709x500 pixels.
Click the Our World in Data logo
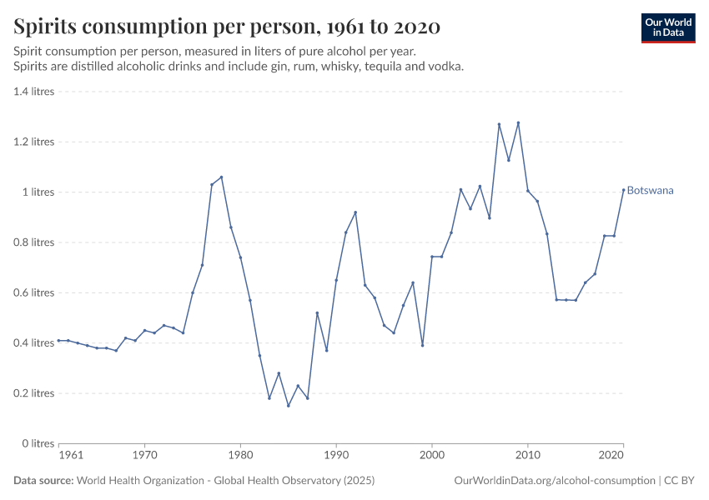[667, 27]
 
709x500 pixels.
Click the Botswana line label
[650, 191]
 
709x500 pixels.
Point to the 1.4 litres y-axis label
[34, 92]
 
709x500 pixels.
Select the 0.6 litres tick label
[34, 292]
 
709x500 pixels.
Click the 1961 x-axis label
[71, 457]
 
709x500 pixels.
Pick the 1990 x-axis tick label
[336, 457]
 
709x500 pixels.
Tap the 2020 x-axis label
[611, 457]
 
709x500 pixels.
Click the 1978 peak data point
[221, 177]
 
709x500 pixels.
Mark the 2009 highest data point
[518, 122]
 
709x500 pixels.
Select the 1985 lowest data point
[289, 406]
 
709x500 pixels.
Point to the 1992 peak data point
[355, 212]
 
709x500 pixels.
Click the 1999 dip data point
[422, 345]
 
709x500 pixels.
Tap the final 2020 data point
[623, 189]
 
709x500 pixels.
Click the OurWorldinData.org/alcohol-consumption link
[554, 481]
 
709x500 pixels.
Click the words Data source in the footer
[43, 481]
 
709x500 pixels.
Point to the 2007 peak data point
[499, 124]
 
